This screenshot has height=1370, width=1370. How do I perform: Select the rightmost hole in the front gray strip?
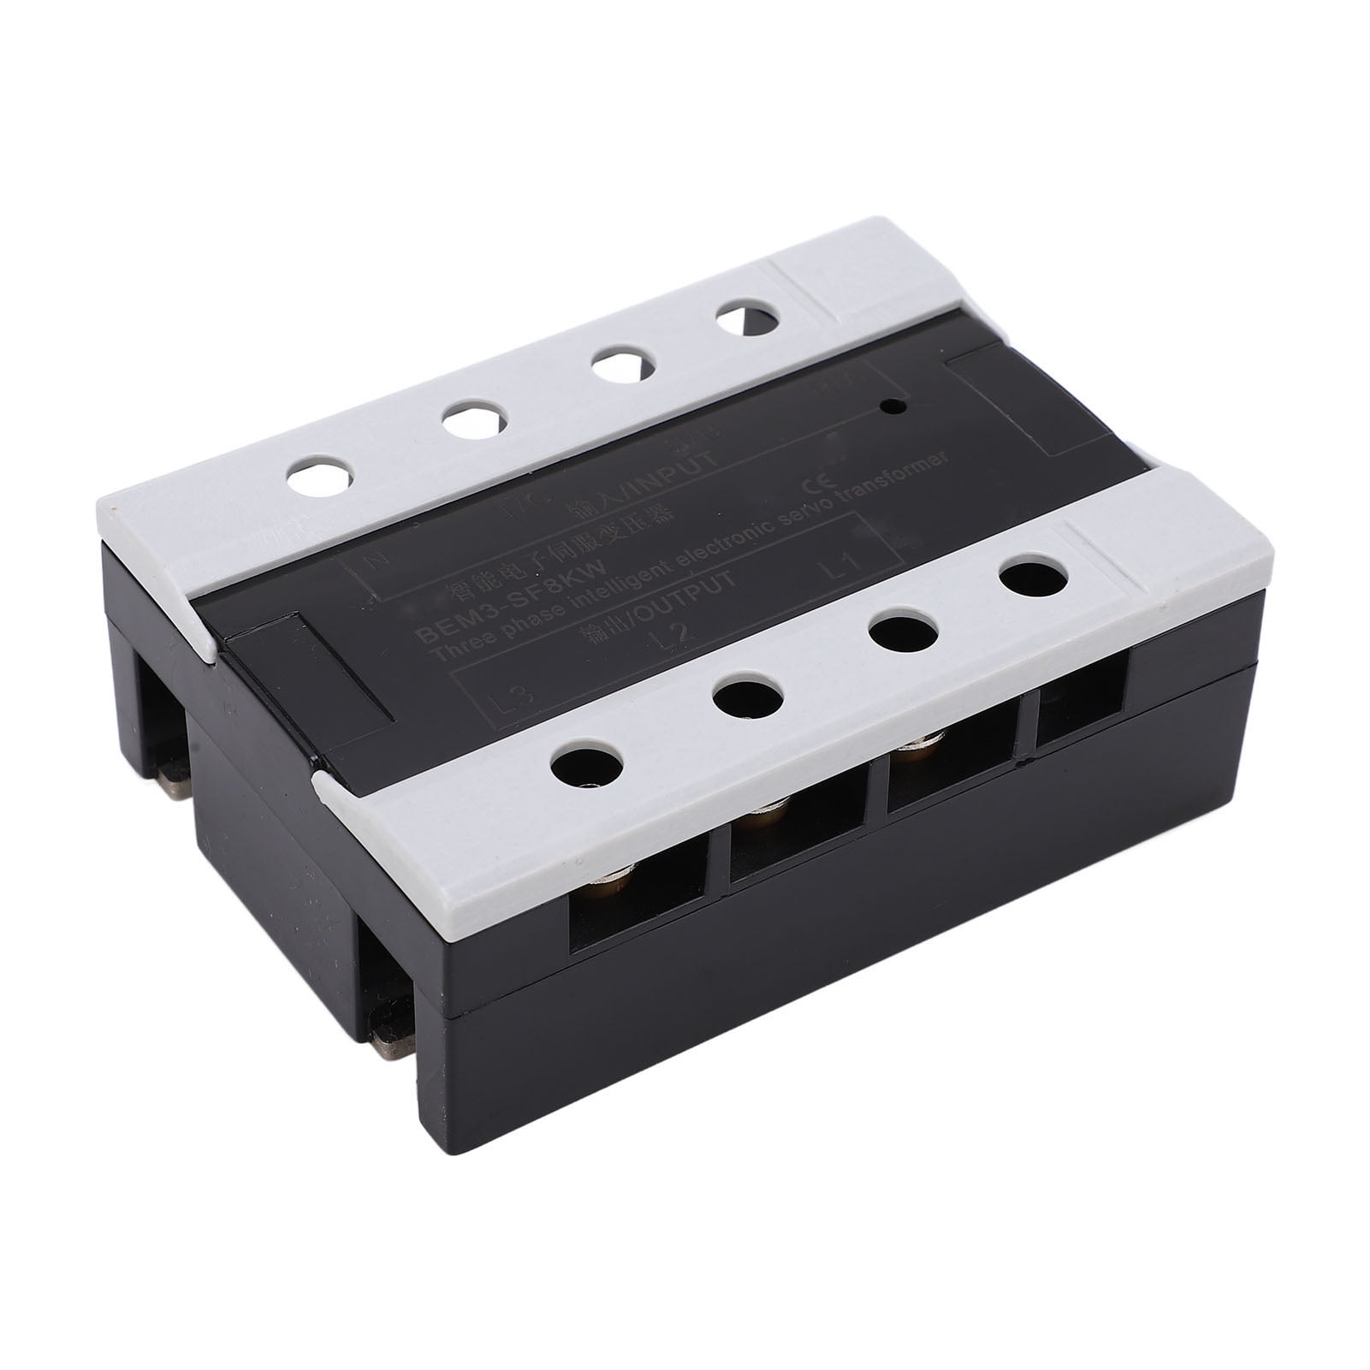[1034, 578]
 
